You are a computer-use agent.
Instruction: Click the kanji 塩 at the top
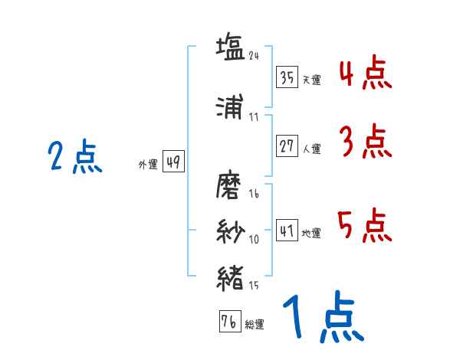230,47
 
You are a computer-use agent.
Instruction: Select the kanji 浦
230,106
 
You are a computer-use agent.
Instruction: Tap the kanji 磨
228,185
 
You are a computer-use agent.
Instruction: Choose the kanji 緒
230,278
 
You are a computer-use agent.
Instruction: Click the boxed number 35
287,77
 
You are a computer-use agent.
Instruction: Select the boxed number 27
287,146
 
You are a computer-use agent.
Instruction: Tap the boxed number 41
287,230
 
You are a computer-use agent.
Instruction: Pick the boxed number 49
174,162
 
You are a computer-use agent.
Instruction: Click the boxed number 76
230,321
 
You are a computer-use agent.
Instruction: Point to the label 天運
312,80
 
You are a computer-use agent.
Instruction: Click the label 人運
312,149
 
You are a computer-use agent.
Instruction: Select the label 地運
311,233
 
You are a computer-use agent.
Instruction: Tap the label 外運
148,164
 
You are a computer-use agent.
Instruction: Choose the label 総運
255,324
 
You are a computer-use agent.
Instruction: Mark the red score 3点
366,141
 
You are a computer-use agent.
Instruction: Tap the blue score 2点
75,156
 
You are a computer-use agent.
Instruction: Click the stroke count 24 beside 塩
254,56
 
